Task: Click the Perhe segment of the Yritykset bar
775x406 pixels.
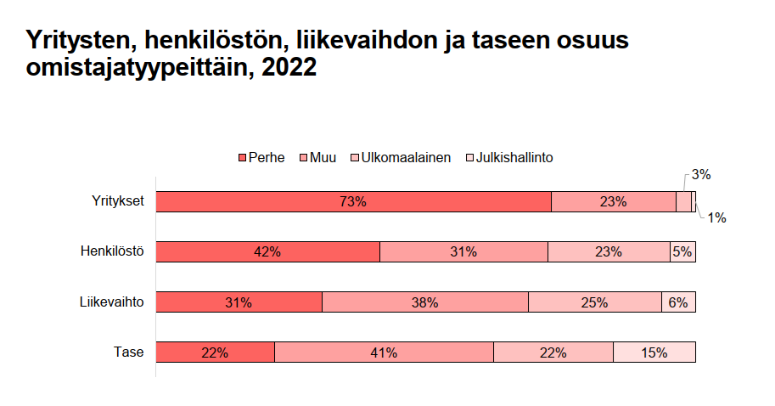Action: click(x=353, y=201)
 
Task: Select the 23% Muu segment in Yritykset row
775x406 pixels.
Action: click(x=613, y=201)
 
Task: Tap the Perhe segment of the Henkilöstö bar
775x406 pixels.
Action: click(x=267, y=251)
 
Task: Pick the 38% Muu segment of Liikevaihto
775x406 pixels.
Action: click(x=424, y=302)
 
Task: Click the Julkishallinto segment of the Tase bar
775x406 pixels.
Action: click(x=654, y=352)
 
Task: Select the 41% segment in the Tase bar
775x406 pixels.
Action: click(x=384, y=352)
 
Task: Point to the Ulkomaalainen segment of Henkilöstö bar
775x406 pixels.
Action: click(x=609, y=251)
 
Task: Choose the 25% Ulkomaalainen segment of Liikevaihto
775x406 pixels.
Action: click(x=594, y=302)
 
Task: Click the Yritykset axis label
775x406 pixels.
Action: click(x=118, y=201)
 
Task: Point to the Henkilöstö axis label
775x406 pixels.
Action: click(x=113, y=251)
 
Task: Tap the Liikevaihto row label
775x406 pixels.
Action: click(x=112, y=302)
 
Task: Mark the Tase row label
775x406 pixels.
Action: click(x=129, y=352)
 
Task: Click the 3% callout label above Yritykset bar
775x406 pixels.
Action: click(x=700, y=175)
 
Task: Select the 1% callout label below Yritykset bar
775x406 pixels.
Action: click(x=716, y=217)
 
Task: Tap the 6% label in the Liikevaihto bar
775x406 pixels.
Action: click(x=678, y=302)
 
